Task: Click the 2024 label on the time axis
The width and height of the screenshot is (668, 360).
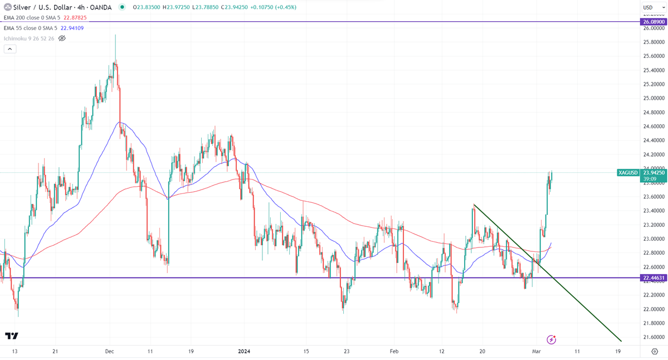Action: click(x=243, y=351)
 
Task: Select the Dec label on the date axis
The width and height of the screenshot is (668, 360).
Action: click(x=109, y=351)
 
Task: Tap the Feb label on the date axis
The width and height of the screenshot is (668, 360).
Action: click(x=394, y=351)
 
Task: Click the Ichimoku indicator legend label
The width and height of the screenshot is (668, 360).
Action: click(x=28, y=38)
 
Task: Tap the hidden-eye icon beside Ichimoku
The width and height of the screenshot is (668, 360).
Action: click(x=62, y=38)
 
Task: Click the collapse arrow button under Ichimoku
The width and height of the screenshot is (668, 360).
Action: click(x=10, y=48)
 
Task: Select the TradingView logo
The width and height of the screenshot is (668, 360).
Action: click(x=12, y=335)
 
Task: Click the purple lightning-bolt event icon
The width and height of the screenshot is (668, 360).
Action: click(x=552, y=339)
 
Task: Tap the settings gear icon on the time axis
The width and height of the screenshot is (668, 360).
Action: click(x=655, y=351)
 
